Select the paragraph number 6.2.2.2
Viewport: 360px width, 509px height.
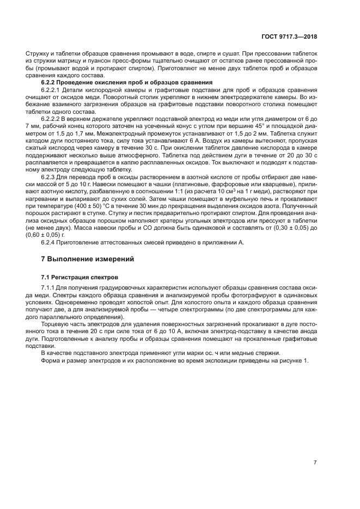(x=52, y=118)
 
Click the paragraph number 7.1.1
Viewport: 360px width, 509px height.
(x=48, y=287)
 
